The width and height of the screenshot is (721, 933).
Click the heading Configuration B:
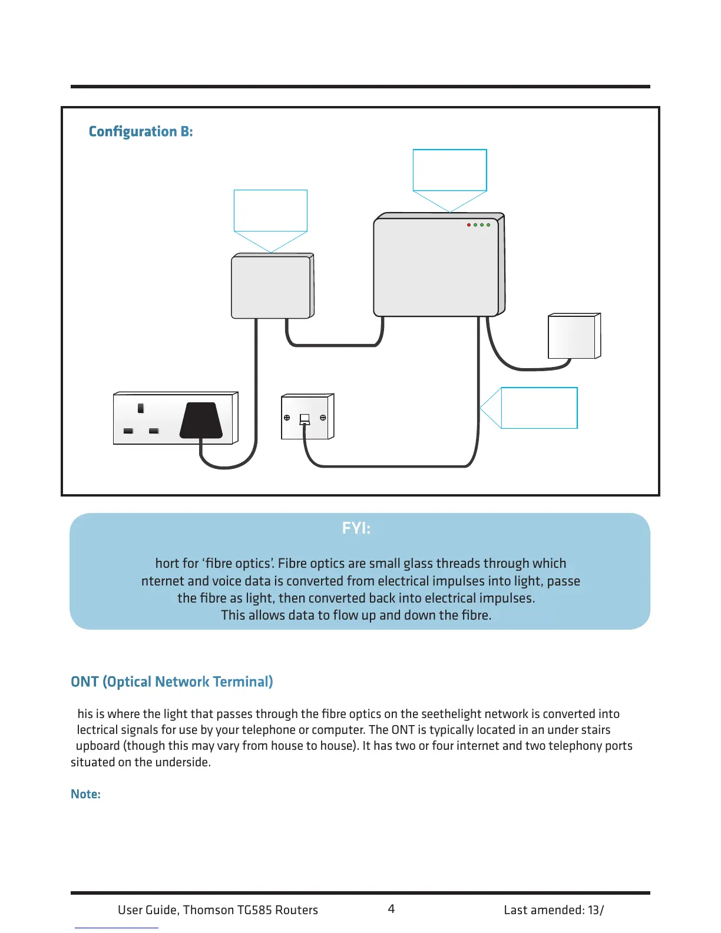point(141,131)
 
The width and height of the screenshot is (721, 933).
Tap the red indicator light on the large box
point(469,225)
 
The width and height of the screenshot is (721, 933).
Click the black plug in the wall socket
point(201,421)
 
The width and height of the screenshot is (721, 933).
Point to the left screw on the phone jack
point(287,418)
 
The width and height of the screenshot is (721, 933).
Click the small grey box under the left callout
point(271,287)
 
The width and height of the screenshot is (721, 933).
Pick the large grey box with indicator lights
point(436,268)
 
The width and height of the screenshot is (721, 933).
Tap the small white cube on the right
point(572,337)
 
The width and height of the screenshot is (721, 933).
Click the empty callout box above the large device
point(449,170)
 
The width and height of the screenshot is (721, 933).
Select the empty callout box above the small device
point(270,210)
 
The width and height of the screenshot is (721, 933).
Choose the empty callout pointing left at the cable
point(538,408)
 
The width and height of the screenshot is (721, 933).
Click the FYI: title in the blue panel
point(356,528)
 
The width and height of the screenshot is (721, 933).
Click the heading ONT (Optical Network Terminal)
point(172,681)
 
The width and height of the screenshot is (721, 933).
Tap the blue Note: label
point(85,794)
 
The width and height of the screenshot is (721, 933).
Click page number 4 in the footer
point(391,909)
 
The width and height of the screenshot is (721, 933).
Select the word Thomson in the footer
point(208,910)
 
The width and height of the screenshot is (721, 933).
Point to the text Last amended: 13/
point(554,910)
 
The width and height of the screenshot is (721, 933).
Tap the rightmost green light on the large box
point(488,225)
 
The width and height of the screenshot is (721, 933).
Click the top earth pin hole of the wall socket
point(141,408)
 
